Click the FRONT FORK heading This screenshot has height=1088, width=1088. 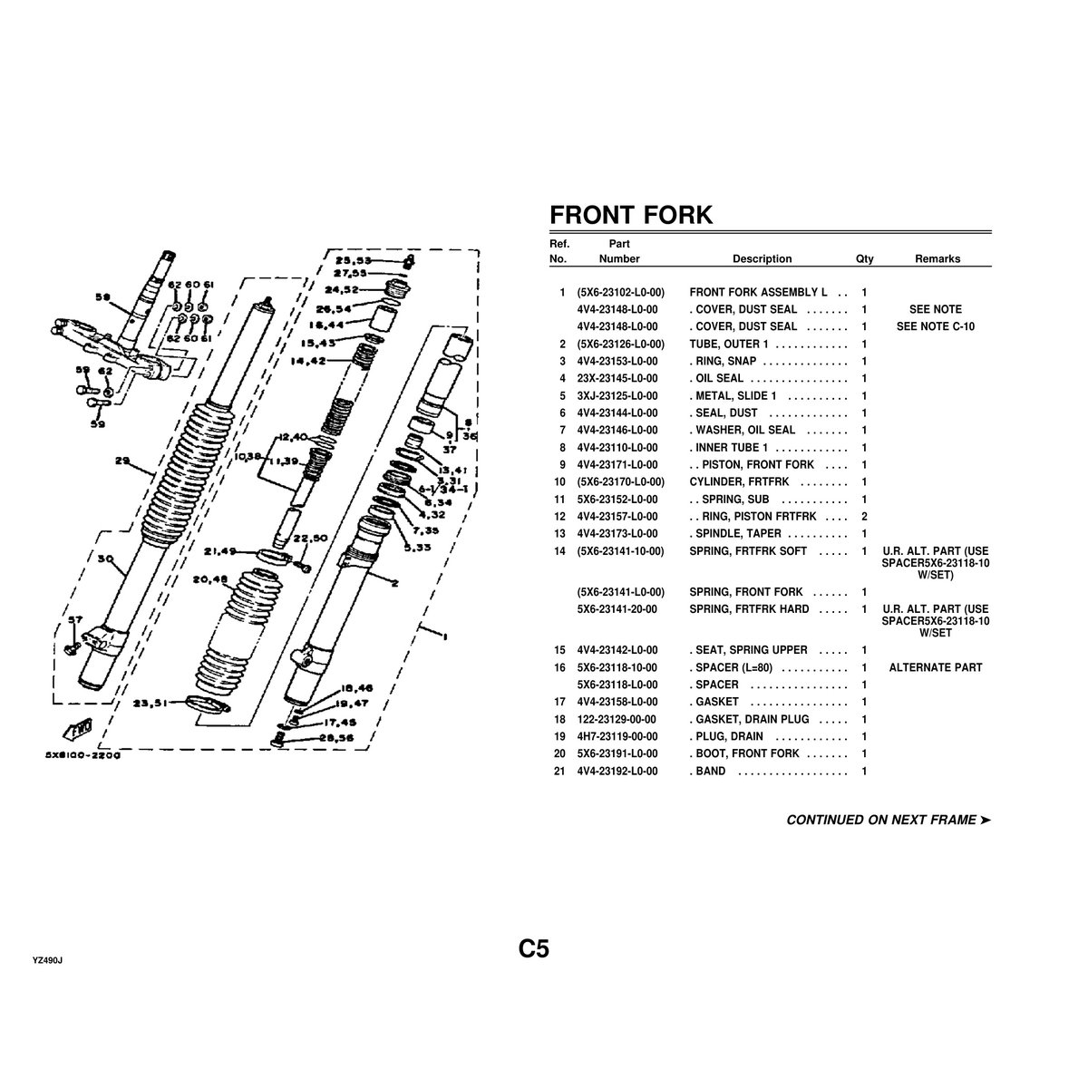[x=631, y=215]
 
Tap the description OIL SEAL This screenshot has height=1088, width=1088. [x=718, y=378]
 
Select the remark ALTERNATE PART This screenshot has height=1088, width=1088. [x=935, y=667]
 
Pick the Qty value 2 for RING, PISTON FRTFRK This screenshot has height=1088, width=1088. [x=864, y=516]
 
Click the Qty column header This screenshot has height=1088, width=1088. [x=864, y=258]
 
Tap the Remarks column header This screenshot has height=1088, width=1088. [x=937, y=258]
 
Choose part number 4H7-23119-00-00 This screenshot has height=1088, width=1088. [x=617, y=736]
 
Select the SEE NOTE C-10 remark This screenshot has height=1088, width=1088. [x=935, y=326]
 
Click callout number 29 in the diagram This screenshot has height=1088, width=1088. [x=121, y=461]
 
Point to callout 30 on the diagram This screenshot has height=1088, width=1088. [x=105, y=560]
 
